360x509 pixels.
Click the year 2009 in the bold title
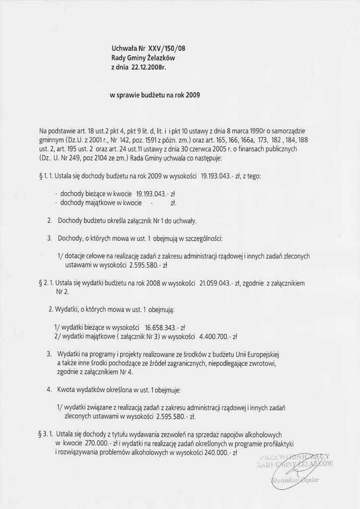(192, 94)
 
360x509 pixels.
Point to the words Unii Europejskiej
(257, 355)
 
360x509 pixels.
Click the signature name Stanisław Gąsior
(296, 480)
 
